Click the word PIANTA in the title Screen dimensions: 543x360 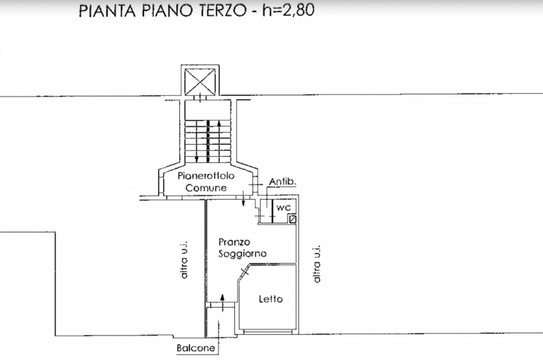[x=107, y=11]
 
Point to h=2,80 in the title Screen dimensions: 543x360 [x=288, y=10]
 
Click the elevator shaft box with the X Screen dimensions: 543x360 [x=200, y=82]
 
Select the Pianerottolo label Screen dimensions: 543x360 [x=206, y=176]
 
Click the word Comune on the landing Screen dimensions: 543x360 [x=206, y=187]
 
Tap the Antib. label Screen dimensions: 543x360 [x=283, y=181]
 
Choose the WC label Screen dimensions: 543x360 [x=283, y=208]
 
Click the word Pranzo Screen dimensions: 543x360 [x=234, y=242]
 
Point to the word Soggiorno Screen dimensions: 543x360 [x=242, y=253]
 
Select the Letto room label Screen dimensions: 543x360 [x=271, y=299]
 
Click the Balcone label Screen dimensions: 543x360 [x=195, y=348]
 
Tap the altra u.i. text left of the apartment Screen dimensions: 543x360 [x=183, y=260]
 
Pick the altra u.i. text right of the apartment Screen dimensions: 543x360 [x=317, y=264]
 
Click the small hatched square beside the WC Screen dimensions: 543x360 [x=293, y=219]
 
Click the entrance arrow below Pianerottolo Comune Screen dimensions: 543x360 [x=244, y=198]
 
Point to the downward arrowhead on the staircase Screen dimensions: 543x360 [x=197, y=159]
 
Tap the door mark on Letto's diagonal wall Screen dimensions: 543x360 [x=245, y=272]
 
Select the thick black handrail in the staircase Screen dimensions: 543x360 [x=208, y=141]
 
